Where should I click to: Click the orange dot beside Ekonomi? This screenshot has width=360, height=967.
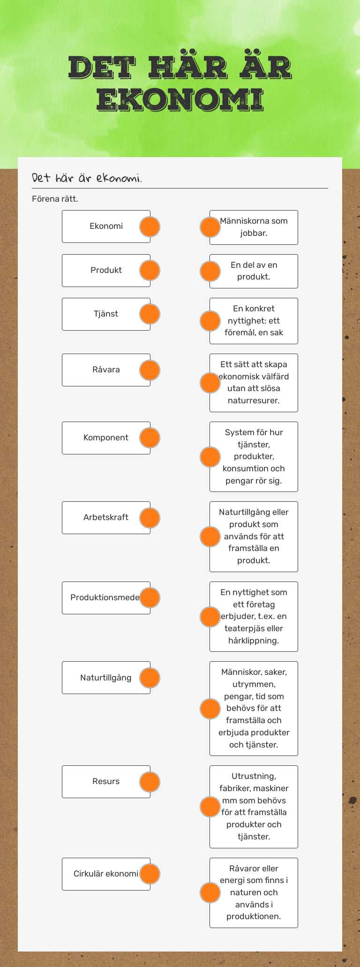(150, 227)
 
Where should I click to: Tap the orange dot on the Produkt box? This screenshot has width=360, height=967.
(150, 271)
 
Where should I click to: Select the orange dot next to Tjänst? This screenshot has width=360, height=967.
(150, 314)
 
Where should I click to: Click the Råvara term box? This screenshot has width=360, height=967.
(106, 370)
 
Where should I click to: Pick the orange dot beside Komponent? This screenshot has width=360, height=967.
(150, 438)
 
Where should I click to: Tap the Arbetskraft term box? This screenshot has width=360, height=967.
(106, 518)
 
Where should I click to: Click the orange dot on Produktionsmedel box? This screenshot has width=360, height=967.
(150, 598)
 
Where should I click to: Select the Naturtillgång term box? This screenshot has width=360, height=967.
(106, 678)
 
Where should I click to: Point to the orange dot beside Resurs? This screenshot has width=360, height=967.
(150, 782)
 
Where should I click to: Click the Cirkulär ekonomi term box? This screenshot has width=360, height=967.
(106, 874)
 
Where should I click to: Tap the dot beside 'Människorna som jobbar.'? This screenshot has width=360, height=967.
(210, 227)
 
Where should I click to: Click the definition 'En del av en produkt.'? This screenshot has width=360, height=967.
(254, 271)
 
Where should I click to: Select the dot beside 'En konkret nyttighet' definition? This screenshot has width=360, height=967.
(210, 321)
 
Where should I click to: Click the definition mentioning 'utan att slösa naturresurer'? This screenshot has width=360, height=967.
(254, 383)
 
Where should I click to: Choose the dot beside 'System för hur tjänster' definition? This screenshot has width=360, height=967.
(210, 457)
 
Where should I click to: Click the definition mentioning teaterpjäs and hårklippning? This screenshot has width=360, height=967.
(254, 617)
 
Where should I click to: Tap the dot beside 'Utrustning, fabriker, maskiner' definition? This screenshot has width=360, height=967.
(210, 807)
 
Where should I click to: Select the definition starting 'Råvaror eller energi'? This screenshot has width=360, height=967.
(254, 893)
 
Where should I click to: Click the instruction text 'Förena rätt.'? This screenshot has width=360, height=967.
(55, 199)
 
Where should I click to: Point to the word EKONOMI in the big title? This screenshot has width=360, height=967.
(180, 100)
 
